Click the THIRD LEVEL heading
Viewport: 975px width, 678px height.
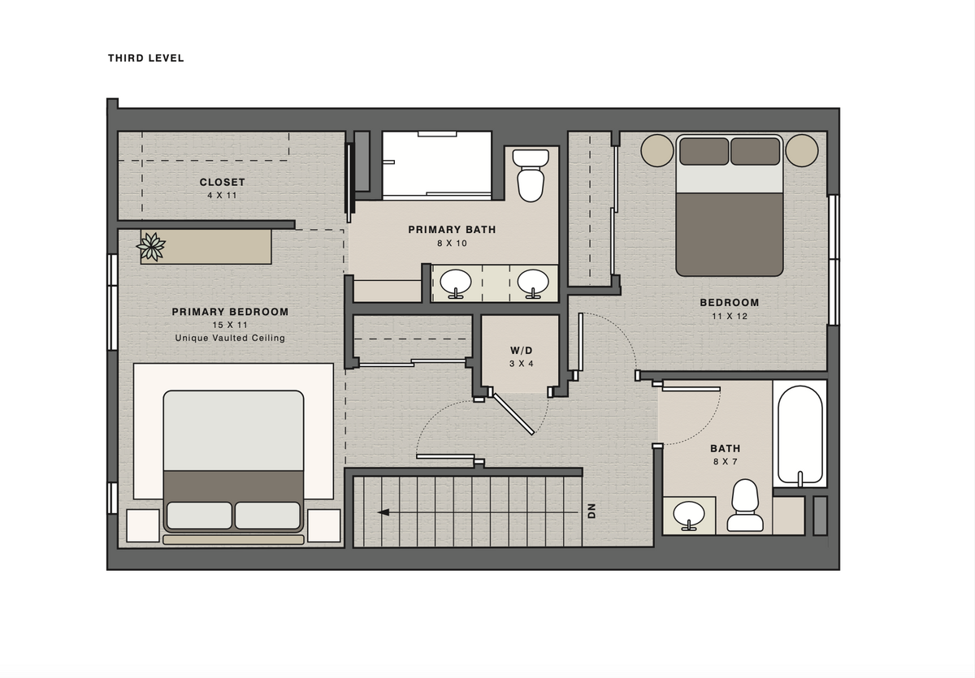pyautogui.click(x=145, y=58)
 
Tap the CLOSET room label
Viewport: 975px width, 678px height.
pyautogui.click(x=223, y=182)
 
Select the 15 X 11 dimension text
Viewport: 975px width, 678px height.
pyautogui.click(x=230, y=325)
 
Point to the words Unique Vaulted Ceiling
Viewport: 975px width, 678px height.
pyautogui.click(x=230, y=338)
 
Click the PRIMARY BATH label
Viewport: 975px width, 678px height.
pyautogui.click(x=452, y=230)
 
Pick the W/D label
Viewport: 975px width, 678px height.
pyautogui.click(x=521, y=351)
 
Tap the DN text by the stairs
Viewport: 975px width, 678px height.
pyautogui.click(x=591, y=511)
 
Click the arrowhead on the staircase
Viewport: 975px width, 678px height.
pyautogui.click(x=383, y=512)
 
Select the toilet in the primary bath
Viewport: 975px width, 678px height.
pyautogui.click(x=531, y=175)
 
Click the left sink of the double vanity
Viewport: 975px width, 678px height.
pyautogui.click(x=456, y=283)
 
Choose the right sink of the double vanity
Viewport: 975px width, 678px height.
pyautogui.click(x=533, y=283)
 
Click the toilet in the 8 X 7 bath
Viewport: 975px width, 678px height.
pyautogui.click(x=745, y=505)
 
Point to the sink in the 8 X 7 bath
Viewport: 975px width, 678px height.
pyautogui.click(x=689, y=516)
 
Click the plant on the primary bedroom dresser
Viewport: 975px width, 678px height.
pyautogui.click(x=151, y=247)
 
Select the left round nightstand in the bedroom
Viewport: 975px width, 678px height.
pyautogui.click(x=657, y=150)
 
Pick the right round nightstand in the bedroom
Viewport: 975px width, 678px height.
pyautogui.click(x=802, y=150)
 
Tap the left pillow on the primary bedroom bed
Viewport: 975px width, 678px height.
pyautogui.click(x=199, y=516)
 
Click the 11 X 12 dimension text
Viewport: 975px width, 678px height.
pyautogui.click(x=730, y=316)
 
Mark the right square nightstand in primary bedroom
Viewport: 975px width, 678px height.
pyautogui.click(x=324, y=526)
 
